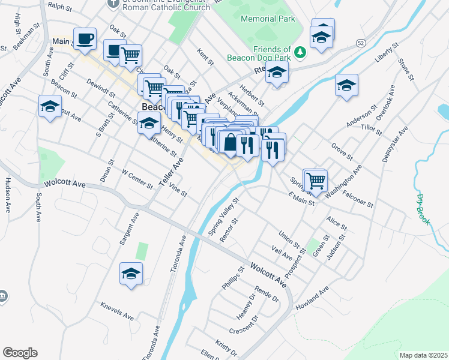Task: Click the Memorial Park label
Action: (x=268, y=19)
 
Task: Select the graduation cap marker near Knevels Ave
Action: (x=131, y=274)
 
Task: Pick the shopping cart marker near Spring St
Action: (x=315, y=180)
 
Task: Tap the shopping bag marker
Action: (x=230, y=144)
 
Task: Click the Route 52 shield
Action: (x=360, y=43)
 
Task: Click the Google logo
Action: (x=20, y=353)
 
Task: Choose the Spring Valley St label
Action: (x=223, y=217)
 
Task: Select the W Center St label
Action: (x=137, y=178)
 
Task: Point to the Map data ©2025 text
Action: (x=423, y=355)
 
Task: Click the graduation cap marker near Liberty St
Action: (x=347, y=86)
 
